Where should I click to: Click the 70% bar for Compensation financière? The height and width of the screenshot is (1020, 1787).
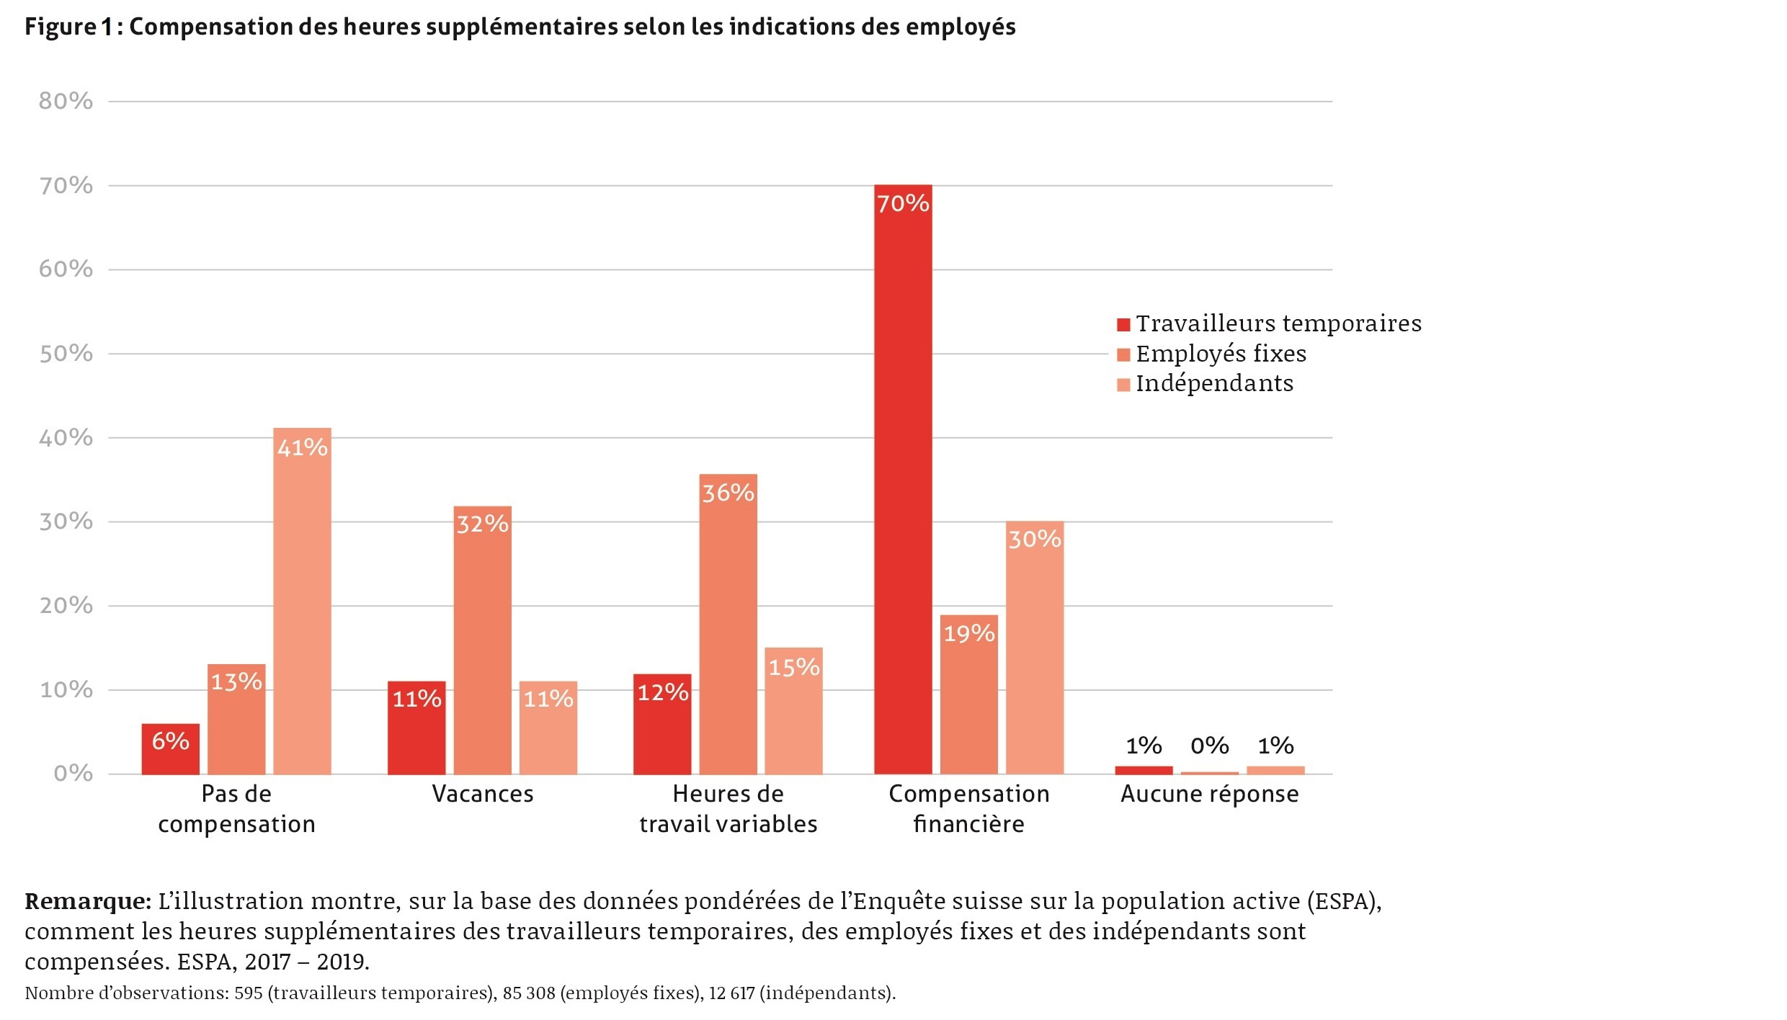point(903,479)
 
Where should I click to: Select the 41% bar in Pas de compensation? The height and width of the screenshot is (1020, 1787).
point(302,601)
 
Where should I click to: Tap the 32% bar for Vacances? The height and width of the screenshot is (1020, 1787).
point(483,640)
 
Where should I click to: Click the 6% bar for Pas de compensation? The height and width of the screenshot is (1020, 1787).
point(171,749)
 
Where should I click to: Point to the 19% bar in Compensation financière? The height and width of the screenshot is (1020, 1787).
point(969,694)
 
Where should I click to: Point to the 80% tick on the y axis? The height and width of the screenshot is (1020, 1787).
point(66,102)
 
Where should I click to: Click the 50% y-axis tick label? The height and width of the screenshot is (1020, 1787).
point(66,354)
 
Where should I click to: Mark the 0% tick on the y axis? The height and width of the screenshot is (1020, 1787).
point(73,774)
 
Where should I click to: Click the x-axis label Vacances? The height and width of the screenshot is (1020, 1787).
point(483,794)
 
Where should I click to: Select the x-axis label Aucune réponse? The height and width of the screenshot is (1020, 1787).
point(1209,794)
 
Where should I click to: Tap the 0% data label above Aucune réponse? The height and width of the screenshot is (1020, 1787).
point(1209,746)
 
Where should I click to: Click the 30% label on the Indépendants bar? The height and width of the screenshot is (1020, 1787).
point(1035,540)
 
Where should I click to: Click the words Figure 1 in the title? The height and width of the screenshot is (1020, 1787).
point(69,27)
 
